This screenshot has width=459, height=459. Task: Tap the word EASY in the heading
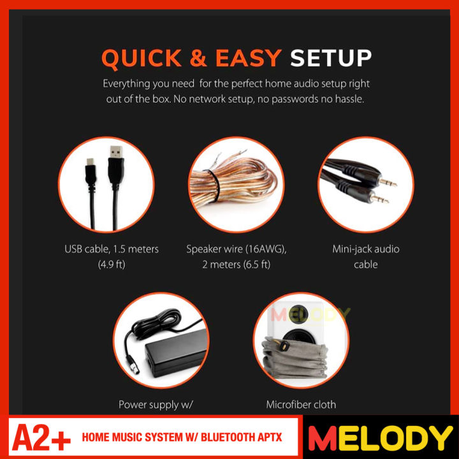248,58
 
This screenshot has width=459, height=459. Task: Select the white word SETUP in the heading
331,58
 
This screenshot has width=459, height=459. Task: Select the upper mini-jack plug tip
385,182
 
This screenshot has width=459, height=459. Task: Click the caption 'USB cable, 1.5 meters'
112,249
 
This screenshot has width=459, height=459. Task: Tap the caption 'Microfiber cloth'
301,404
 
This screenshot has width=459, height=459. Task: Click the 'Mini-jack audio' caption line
366,249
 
